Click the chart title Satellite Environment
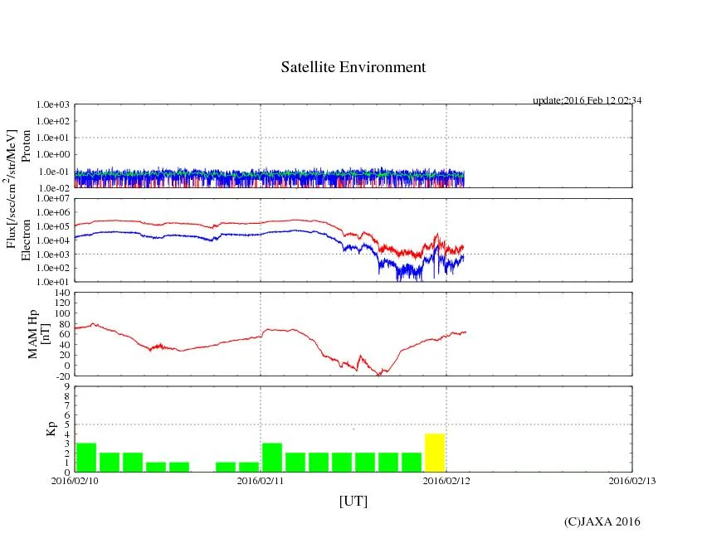[x=353, y=67]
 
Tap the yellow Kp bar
[x=435, y=453]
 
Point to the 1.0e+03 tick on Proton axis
[x=54, y=105]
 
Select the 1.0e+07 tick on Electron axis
[x=54, y=199]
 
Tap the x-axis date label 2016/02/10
[x=75, y=480]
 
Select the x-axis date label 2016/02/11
[x=261, y=480]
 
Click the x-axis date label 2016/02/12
[x=446, y=480]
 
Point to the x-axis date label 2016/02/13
[x=632, y=480]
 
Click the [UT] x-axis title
[x=353, y=501]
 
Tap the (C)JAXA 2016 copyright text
[x=602, y=521]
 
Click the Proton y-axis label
[x=26, y=146]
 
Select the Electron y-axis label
[x=26, y=240]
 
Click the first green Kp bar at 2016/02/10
[x=86, y=458]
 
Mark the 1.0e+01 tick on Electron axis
[x=54, y=282]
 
